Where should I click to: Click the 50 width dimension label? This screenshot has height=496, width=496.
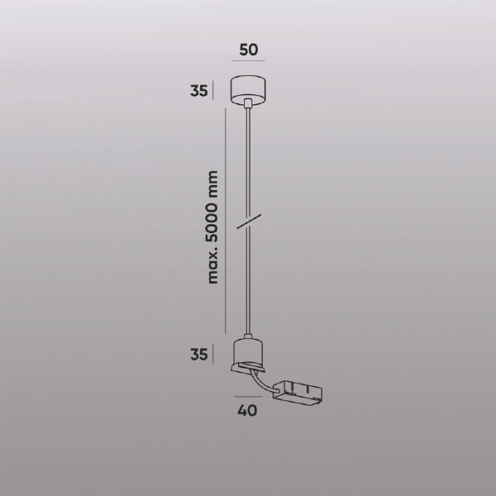(248, 49)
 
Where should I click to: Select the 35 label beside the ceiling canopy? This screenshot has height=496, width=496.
(198, 91)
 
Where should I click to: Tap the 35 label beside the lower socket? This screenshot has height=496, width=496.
(198, 355)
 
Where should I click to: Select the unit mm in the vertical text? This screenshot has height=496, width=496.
(213, 182)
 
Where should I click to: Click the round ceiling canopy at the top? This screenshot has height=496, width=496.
(248, 88)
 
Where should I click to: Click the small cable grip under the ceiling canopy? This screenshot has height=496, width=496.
(248, 103)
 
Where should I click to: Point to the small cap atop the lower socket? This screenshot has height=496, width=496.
(248, 336)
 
